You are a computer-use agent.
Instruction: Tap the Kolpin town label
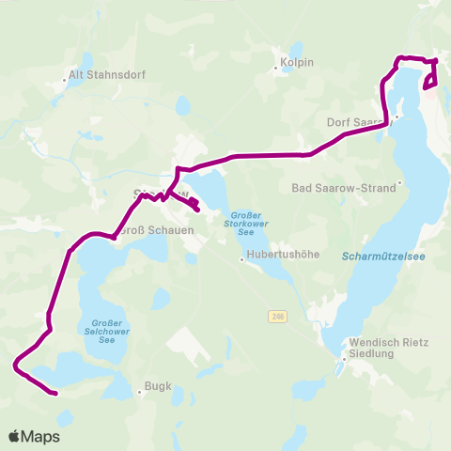click(296, 64)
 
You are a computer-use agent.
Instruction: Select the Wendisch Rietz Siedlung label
click(388, 348)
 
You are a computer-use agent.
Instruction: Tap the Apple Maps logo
click(34, 436)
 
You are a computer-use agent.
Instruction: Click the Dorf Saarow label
click(356, 122)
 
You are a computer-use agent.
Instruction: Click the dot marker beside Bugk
click(139, 392)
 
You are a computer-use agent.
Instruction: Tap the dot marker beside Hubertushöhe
click(241, 260)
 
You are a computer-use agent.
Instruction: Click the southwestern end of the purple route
click(56, 394)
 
